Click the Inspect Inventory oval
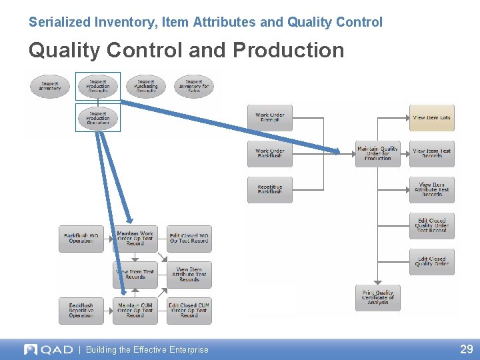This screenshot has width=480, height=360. [49, 87]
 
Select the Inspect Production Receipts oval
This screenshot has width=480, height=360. [98, 87]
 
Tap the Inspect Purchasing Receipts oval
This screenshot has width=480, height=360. [146, 87]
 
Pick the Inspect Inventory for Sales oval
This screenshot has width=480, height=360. [194, 87]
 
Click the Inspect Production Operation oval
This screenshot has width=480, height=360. [98, 117]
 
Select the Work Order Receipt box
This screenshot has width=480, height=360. [269, 117]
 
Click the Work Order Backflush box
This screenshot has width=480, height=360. [269, 153]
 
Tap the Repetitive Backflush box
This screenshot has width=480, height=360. [269, 189]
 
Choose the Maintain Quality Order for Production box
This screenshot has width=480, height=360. [378, 153]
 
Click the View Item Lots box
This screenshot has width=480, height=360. [431, 118]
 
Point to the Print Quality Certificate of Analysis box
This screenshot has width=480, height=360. [378, 297]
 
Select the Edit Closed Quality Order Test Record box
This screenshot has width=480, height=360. [431, 225]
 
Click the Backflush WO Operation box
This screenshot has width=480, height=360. [81, 238]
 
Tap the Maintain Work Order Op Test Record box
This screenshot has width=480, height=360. [135, 238]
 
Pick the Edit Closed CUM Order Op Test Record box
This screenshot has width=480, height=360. [189, 310]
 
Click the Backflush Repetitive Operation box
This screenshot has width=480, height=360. [81, 310]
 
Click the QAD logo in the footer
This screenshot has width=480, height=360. [48, 349]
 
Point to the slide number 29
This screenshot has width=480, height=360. [466, 349]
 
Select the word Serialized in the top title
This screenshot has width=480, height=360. [58, 22]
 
